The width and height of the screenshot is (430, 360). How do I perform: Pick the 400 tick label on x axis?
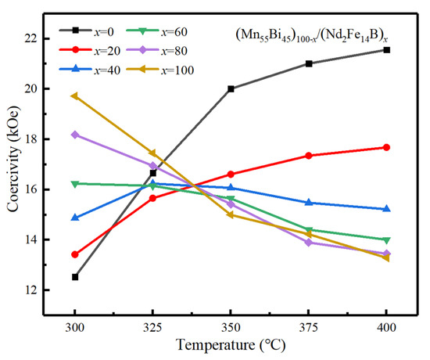tap(387, 323)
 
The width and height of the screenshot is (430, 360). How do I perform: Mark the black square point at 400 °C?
tap(387, 50)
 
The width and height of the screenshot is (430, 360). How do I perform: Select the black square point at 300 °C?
tap(75, 277)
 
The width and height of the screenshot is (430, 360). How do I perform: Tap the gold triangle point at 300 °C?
tap(75, 95)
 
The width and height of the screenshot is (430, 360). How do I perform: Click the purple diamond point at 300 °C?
tap(75, 135)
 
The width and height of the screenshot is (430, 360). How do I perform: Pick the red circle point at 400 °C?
tap(387, 147)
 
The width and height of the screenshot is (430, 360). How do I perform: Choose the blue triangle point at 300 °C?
tap(75, 218)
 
